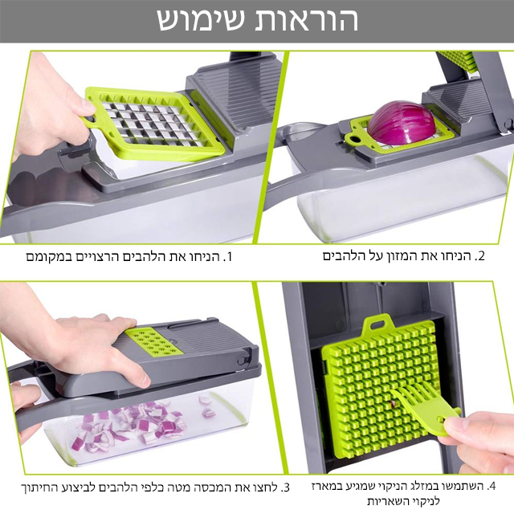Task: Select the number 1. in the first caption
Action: coord(226,258)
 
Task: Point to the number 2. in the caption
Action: coord(481,256)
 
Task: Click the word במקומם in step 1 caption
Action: coord(46,258)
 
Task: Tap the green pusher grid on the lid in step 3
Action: coord(156,342)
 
